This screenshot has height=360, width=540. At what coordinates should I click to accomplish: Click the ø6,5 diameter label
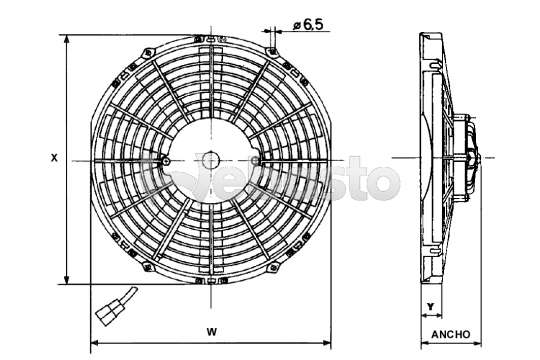pos(308,24)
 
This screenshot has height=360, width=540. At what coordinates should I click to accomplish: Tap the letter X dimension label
pos(54,158)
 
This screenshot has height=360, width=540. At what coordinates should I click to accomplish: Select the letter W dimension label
pos(212,332)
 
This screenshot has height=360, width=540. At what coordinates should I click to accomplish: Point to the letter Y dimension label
pos(430,306)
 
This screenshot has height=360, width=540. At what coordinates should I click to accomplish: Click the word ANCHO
pos(450,335)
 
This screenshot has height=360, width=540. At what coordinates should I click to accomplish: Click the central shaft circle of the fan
pos(210,161)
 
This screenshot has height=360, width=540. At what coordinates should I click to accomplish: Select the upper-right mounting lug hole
pos(273,52)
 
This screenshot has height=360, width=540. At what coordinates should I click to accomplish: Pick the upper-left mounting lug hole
pos(148,53)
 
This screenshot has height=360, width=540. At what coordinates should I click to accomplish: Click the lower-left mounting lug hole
pos(148,267)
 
